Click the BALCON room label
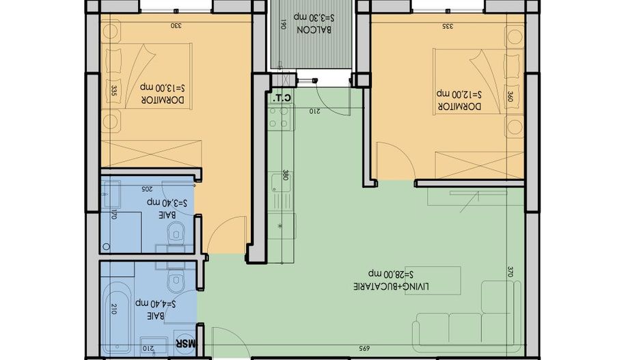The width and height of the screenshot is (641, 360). click(310, 30)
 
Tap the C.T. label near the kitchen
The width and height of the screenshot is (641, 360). click(282, 98)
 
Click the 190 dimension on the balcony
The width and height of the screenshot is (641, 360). click(282, 27)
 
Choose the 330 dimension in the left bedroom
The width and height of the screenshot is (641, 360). click(176, 26)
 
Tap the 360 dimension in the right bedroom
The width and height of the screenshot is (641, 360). click(509, 96)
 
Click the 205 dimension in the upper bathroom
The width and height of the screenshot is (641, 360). click(146, 188)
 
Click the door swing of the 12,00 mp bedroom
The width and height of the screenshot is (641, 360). click(395, 161)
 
